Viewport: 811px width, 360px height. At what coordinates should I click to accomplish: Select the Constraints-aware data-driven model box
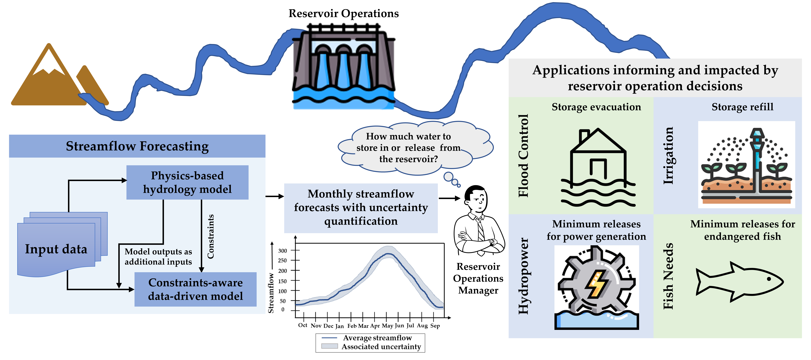tap(195, 289)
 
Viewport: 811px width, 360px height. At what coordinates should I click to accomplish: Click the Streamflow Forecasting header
tap(137, 146)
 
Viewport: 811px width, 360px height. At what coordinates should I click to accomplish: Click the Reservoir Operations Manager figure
tap(479, 220)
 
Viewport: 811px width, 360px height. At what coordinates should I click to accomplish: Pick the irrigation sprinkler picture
tap(746, 165)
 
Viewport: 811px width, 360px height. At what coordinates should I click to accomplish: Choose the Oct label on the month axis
tap(303, 325)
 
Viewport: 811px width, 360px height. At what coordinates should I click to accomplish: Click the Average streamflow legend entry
tap(377, 338)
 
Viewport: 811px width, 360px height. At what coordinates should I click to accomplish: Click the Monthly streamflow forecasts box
tap(361, 208)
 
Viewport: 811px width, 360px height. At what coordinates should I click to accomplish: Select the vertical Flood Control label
tap(523, 156)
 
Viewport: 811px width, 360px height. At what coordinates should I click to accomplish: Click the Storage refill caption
tap(742, 107)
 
